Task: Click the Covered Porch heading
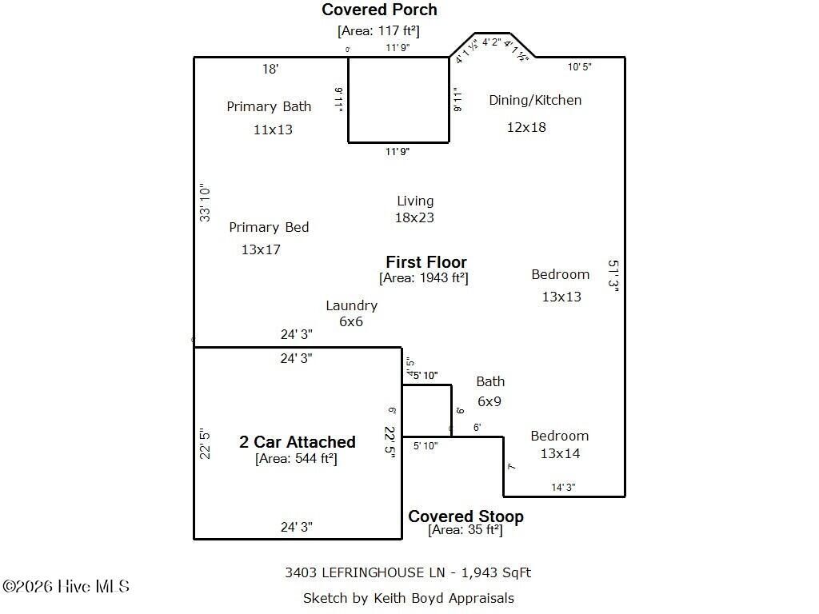(379, 10)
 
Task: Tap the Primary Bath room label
(269, 106)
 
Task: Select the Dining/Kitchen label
(535, 100)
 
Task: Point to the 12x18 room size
(526, 126)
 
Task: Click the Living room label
(415, 201)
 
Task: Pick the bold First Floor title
(425, 262)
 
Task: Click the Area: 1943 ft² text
(423, 278)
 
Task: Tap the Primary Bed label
(269, 227)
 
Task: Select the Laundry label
(351, 305)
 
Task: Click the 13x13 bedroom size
(561, 297)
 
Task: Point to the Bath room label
(490, 381)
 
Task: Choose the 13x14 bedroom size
(560, 453)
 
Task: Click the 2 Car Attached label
(297, 442)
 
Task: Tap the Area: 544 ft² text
(296, 459)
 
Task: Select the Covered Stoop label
(465, 516)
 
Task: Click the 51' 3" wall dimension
(613, 277)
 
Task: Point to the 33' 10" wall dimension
(206, 203)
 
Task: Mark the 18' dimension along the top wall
(270, 70)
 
